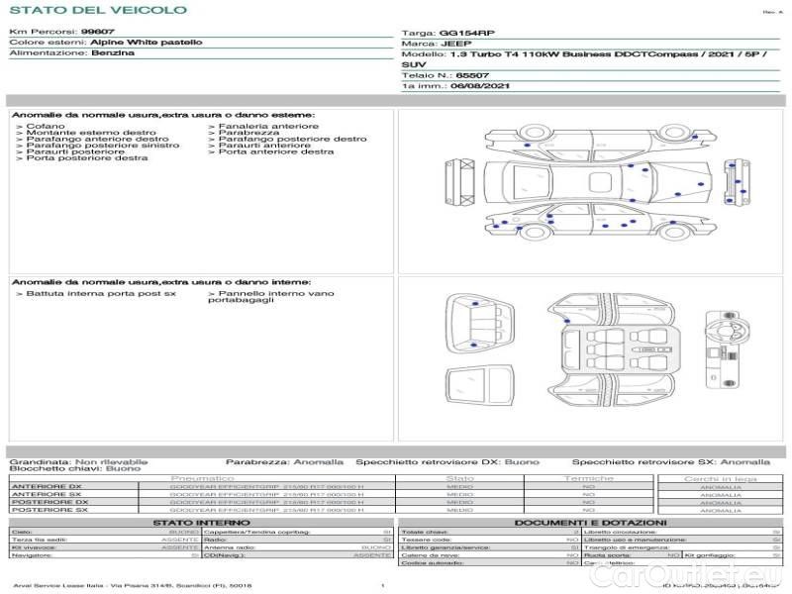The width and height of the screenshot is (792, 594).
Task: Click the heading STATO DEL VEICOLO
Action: click(x=97, y=11)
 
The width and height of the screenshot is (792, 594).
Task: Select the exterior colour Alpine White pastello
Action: click(x=147, y=43)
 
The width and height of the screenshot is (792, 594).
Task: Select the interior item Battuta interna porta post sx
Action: click(x=100, y=294)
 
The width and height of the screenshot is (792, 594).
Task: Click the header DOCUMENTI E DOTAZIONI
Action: click(x=590, y=522)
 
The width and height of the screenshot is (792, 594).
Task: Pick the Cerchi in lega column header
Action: click(x=720, y=478)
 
